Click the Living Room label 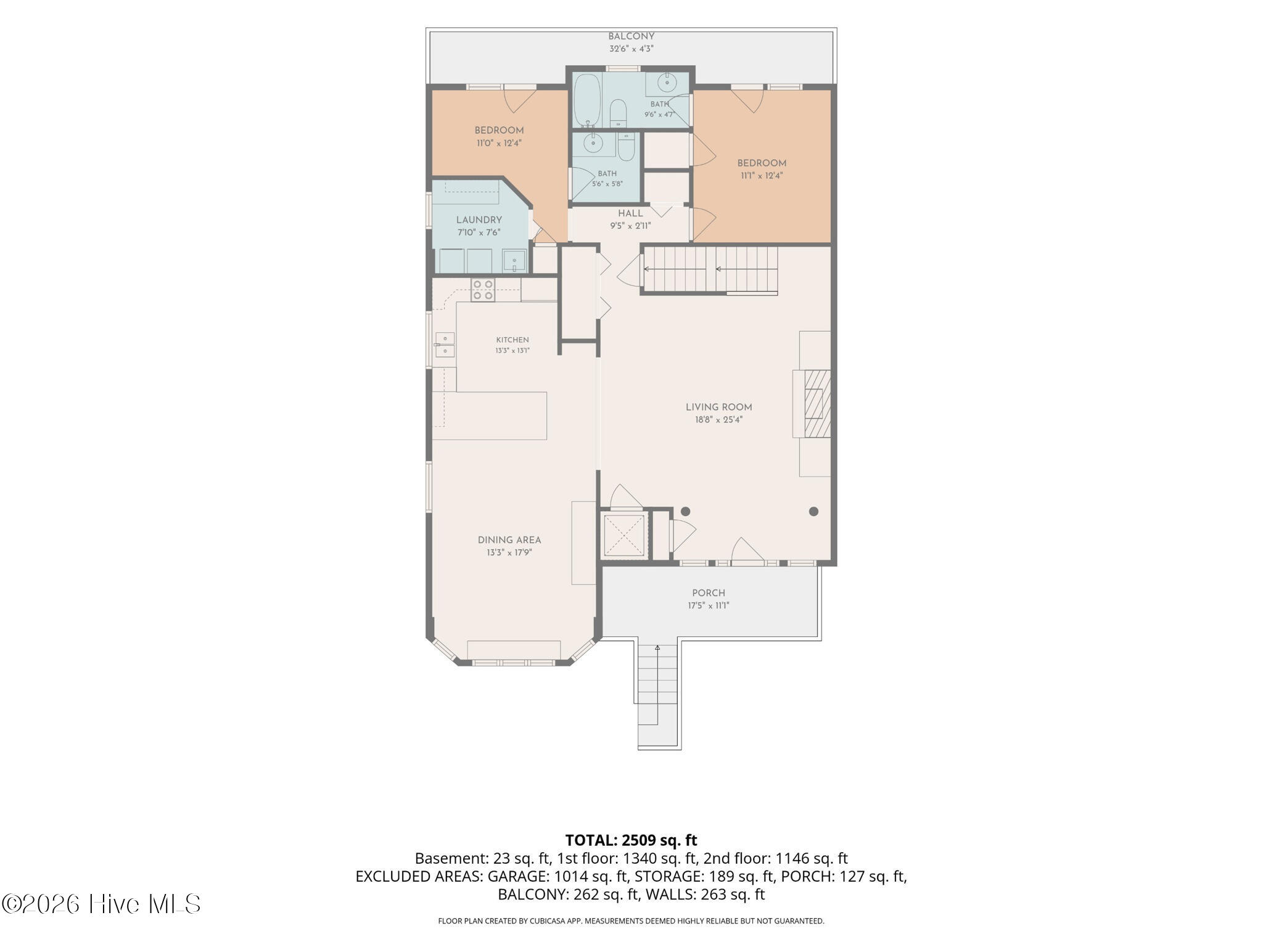click(718, 407)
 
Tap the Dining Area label click(509, 540)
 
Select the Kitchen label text click(512, 340)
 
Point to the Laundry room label click(479, 220)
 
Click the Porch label click(709, 593)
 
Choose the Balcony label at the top click(631, 36)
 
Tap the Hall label click(630, 213)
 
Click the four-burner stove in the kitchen click(483, 290)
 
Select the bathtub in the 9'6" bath click(587, 101)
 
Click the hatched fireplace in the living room click(818, 403)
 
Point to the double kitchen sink click(445, 345)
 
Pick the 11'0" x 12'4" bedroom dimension click(500, 143)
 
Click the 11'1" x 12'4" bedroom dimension click(762, 176)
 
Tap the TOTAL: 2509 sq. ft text click(631, 840)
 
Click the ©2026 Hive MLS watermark click(101, 904)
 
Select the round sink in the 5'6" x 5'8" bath click(593, 143)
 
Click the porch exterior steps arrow click(657, 684)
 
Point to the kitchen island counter click(490, 416)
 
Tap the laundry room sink click(514, 260)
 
